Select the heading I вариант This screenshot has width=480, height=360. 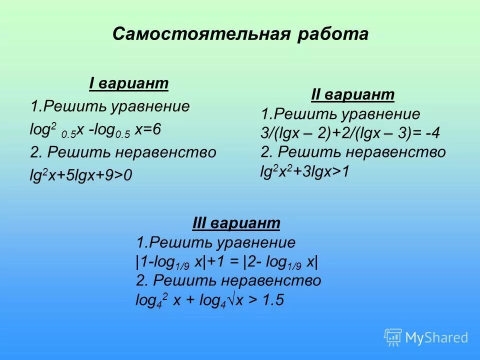(128, 83)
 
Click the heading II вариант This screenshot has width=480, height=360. (353, 94)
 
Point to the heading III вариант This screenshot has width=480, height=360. (236, 223)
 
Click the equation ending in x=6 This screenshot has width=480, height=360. (95, 130)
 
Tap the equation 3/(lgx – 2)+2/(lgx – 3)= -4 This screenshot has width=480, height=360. (350, 133)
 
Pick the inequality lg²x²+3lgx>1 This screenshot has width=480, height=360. (305, 171)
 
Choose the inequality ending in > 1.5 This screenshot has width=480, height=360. (210, 300)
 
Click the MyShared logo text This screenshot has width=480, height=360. (436, 338)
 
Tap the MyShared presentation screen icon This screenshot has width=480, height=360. (393, 337)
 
